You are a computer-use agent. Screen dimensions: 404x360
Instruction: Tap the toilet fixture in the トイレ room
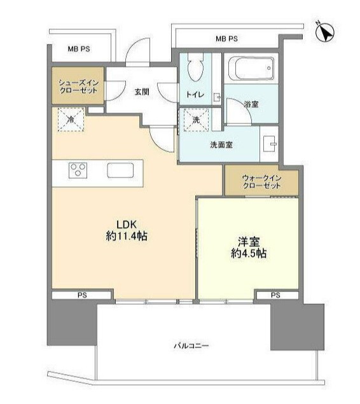[x=195, y=67]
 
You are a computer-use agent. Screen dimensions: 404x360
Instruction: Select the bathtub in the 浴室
[x=250, y=67]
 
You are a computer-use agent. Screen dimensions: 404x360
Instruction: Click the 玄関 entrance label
[x=141, y=92]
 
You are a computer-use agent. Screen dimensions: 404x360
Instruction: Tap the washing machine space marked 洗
[x=194, y=119]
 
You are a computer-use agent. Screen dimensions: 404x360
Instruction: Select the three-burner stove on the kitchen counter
[x=79, y=170]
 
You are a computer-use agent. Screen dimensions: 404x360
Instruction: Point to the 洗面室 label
[x=220, y=145]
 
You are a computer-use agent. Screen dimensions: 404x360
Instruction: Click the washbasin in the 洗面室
[x=270, y=144]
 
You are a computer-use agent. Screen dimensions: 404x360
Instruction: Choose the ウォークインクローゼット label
[x=261, y=183]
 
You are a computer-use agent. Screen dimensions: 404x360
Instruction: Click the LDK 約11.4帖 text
[x=127, y=229]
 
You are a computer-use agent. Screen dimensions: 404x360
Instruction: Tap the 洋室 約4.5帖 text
[x=248, y=247]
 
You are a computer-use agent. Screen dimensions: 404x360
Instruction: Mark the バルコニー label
[x=191, y=345]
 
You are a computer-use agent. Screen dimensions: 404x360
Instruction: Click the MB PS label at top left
[x=80, y=47]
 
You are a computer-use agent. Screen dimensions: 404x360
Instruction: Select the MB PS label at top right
[x=226, y=39]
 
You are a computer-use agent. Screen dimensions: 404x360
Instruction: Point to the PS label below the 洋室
[x=275, y=295]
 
